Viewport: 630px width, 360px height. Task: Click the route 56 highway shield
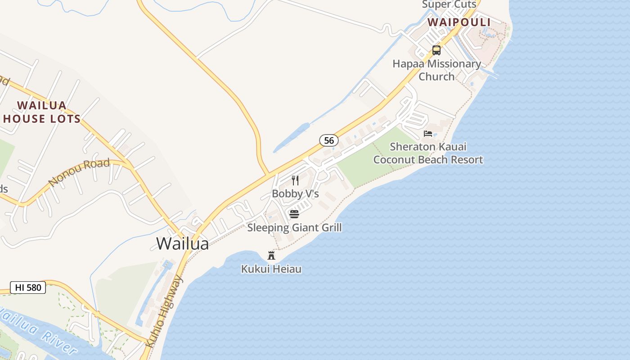[x=329, y=140]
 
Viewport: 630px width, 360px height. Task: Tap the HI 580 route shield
[x=28, y=288]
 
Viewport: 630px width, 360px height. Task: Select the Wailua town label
[x=183, y=243]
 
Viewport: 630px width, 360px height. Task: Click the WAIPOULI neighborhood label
[x=459, y=22]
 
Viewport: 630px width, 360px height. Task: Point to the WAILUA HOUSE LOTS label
[x=42, y=112]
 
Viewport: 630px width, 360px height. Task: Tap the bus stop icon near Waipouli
[x=436, y=50]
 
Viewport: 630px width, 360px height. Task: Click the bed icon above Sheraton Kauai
[x=428, y=134]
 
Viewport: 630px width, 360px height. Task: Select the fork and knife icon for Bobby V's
[x=295, y=180]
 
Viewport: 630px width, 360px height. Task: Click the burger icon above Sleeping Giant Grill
[x=294, y=214]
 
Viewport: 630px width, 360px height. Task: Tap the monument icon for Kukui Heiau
[x=271, y=256]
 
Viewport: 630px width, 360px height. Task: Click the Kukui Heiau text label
[x=271, y=269]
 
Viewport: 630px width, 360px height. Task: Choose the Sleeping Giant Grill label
[x=294, y=228]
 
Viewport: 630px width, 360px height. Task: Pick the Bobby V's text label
[x=295, y=194]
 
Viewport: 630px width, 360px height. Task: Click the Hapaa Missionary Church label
[x=436, y=70]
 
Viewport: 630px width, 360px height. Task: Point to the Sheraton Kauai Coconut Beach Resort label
[x=428, y=153]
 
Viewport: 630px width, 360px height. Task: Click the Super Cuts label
[x=449, y=4]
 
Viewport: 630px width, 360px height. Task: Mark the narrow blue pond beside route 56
[x=292, y=137]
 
